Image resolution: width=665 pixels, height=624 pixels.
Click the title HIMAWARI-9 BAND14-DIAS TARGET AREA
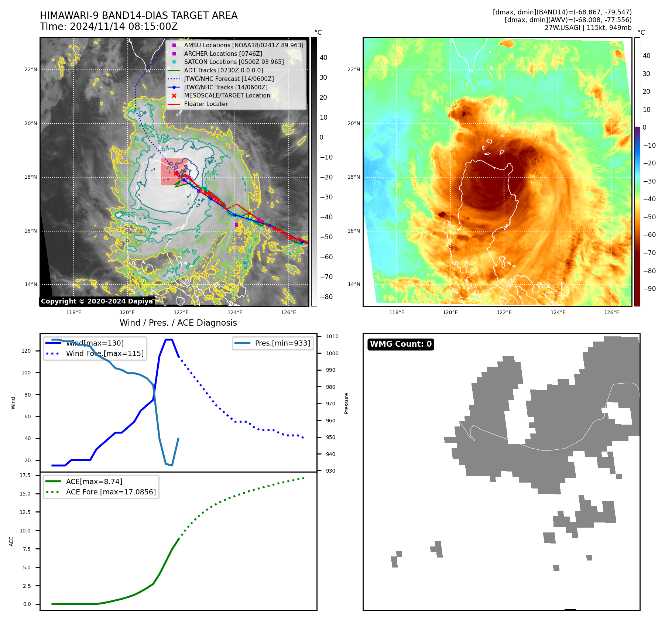tap(138, 16)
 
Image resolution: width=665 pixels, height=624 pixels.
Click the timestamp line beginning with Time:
tap(109, 27)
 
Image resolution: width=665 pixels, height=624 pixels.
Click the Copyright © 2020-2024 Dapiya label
tap(97, 301)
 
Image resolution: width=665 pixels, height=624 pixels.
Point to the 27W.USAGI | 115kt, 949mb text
tap(588, 28)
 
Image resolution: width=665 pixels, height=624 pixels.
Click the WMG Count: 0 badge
tap(401, 344)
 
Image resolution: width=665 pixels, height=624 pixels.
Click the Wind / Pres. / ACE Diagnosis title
tap(178, 323)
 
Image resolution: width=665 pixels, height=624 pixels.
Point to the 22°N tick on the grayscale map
tap(31, 69)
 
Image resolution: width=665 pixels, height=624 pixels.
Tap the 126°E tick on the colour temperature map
tap(611, 312)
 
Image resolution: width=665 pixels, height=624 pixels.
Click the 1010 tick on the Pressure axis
tap(332, 336)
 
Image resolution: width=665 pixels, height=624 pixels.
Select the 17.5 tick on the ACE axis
tap(25, 475)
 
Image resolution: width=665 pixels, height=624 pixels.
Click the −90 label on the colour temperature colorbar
tap(649, 289)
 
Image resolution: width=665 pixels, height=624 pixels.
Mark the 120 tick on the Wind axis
tap(26, 351)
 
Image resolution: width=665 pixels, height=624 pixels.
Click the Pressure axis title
tap(346, 403)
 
